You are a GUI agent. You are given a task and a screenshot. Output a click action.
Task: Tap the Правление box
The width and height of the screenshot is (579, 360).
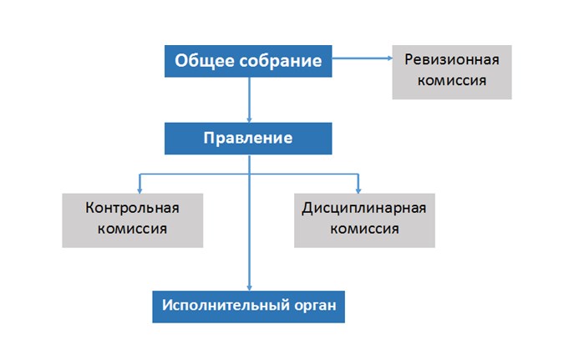point(248,139)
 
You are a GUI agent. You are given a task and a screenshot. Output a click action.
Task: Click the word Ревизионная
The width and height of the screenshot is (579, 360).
point(452,59)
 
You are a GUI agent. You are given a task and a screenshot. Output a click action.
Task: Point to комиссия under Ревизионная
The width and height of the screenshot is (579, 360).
point(452,80)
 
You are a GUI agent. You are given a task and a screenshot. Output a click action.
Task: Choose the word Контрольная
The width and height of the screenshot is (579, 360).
point(132,208)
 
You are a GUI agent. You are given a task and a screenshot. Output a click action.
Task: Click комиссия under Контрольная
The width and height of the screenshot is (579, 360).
point(132,229)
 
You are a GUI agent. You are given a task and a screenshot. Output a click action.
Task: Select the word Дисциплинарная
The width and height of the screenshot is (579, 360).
point(364,208)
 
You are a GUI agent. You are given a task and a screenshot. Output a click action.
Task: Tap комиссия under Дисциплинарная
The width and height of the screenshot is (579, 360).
point(364,229)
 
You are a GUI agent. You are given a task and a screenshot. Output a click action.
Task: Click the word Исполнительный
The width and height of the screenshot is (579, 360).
point(226,306)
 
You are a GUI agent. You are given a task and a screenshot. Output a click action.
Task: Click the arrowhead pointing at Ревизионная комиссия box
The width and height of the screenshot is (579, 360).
point(389,58)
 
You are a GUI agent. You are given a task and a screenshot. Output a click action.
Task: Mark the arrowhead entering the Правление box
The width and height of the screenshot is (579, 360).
point(249,120)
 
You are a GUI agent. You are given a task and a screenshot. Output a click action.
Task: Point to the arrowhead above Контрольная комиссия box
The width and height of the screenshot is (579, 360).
point(140,191)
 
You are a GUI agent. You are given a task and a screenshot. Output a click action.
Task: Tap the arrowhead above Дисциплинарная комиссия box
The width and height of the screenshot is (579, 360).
point(358,191)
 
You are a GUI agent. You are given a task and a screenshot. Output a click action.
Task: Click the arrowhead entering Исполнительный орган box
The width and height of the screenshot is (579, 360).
point(249,288)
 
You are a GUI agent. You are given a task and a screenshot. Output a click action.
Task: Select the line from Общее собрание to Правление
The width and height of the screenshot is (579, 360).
point(249,99)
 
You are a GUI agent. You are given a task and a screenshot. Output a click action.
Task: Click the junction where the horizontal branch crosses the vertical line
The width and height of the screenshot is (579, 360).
point(249,174)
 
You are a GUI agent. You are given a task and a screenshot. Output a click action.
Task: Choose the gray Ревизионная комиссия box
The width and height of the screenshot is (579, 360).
point(452,72)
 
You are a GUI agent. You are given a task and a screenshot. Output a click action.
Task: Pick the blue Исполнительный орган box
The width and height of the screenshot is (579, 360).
point(248,307)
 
